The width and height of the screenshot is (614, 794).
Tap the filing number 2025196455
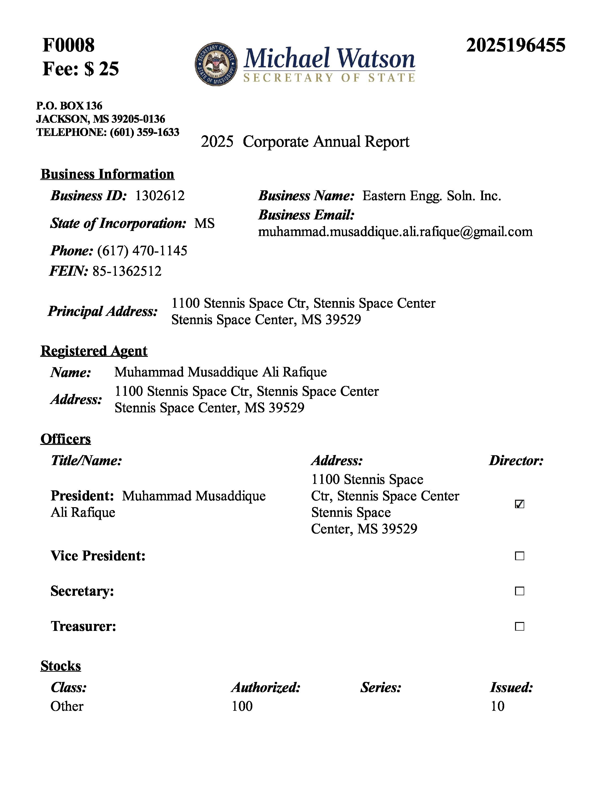pyautogui.click(x=516, y=45)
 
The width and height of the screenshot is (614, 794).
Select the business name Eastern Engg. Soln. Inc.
pyautogui.click(x=431, y=196)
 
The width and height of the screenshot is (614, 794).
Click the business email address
pyautogui.click(x=395, y=231)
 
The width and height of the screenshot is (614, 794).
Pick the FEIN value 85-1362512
pyautogui.click(x=127, y=271)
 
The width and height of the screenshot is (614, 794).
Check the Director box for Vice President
pyautogui.click(x=519, y=556)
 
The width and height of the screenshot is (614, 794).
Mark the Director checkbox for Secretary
pyautogui.click(x=519, y=591)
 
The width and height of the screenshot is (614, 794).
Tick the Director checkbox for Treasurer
pyautogui.click(x=519, y=626)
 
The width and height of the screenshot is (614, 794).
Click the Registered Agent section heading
pyautogui.click(x=94, y=351)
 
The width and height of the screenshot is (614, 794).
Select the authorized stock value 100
pyautogui.click(x=242, y=706)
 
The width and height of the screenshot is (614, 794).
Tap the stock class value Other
pyautogui.click(x=67, y=706)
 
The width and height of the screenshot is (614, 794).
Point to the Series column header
pyautogui.click(x=381, y=687)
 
